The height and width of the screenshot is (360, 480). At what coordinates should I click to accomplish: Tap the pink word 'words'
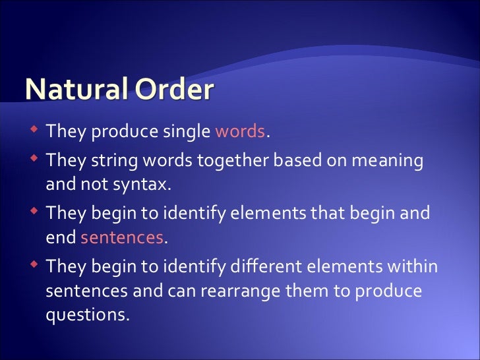point(240,131)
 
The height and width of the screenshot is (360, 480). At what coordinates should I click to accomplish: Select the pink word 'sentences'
point(122,238)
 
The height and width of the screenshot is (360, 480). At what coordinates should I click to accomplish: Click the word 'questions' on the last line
point(86,315)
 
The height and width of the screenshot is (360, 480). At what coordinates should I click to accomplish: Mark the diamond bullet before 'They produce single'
point(34,130)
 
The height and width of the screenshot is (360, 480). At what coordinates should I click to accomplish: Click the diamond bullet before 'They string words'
point(34,160)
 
